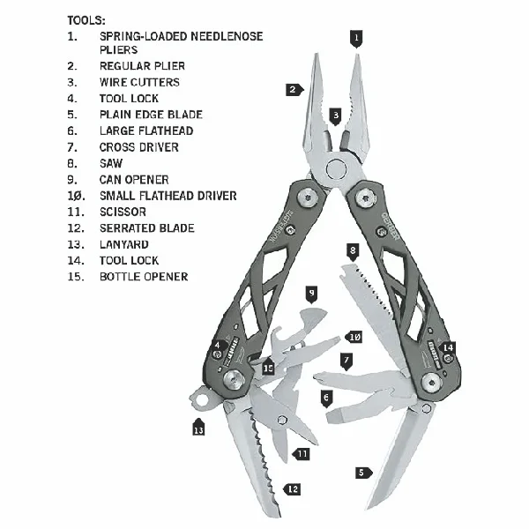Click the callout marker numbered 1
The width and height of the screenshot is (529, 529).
click(356, 37)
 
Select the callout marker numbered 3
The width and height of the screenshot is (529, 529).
click(336, 115)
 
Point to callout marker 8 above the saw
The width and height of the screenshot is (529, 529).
click(353, 250)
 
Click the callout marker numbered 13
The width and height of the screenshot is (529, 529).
click(198, 428)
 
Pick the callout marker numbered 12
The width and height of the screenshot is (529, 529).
click(293, 488)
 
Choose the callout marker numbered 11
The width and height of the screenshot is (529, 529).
click(302, 453)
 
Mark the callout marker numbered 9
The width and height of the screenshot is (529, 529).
click(311, 292)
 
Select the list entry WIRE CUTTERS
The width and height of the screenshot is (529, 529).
click(139, 82)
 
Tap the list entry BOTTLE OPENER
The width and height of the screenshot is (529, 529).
click(144, 276)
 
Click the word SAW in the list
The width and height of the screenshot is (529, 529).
click(112, 163)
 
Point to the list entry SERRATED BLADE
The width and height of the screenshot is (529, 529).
click(146, 227)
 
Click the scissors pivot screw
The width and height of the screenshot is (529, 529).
click(281, 421)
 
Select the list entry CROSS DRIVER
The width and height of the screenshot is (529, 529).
click(139, 146)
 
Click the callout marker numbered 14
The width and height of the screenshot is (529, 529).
click(448, 348)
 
